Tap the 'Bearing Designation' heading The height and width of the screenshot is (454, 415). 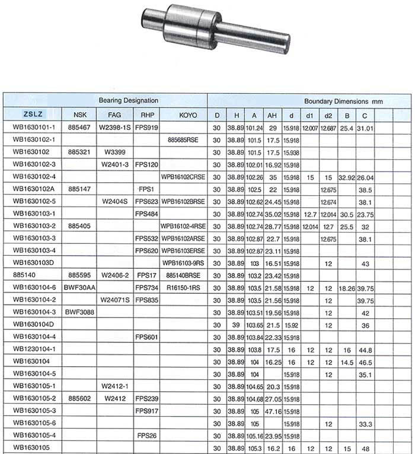[x=128, y=101]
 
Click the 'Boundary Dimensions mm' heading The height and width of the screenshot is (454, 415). [x=343, y=101]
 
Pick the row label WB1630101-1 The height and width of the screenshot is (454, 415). [x=34, y=127]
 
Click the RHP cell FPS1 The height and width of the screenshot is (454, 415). [x=146, y=189]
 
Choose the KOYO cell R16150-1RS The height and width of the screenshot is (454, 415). [x=184, y=287]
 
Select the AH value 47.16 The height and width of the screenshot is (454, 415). [x=273, y=411]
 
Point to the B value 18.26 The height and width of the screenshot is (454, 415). [x=347, y=287]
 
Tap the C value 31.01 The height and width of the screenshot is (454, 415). [x=366, y=127]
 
